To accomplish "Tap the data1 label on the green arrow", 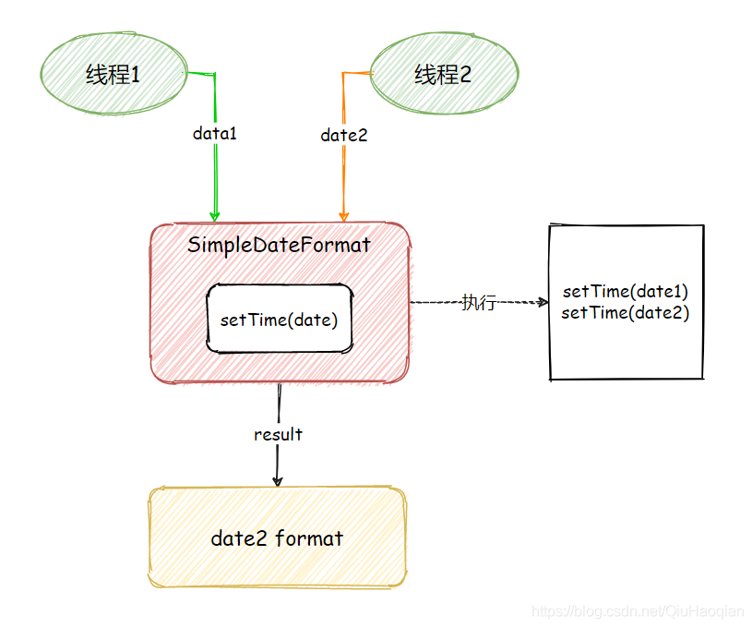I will coord(215,133).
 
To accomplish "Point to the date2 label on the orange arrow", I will coord(344,135).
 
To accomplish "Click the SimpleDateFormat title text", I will coord(279,245).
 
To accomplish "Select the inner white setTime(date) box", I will coord(280,320).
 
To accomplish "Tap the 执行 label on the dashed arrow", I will coord(479,302).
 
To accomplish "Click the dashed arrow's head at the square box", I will coord(542,302).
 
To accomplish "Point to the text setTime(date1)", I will coord(626,291).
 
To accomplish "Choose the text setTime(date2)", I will coord(626,313).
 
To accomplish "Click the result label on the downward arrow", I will coord(278,434).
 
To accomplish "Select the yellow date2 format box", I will coord(277,537).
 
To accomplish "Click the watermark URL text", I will coord(639,611).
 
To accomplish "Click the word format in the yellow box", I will coord(309,537).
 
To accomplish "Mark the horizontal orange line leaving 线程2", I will coord(356,72).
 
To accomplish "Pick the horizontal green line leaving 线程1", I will coord(200,72).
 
